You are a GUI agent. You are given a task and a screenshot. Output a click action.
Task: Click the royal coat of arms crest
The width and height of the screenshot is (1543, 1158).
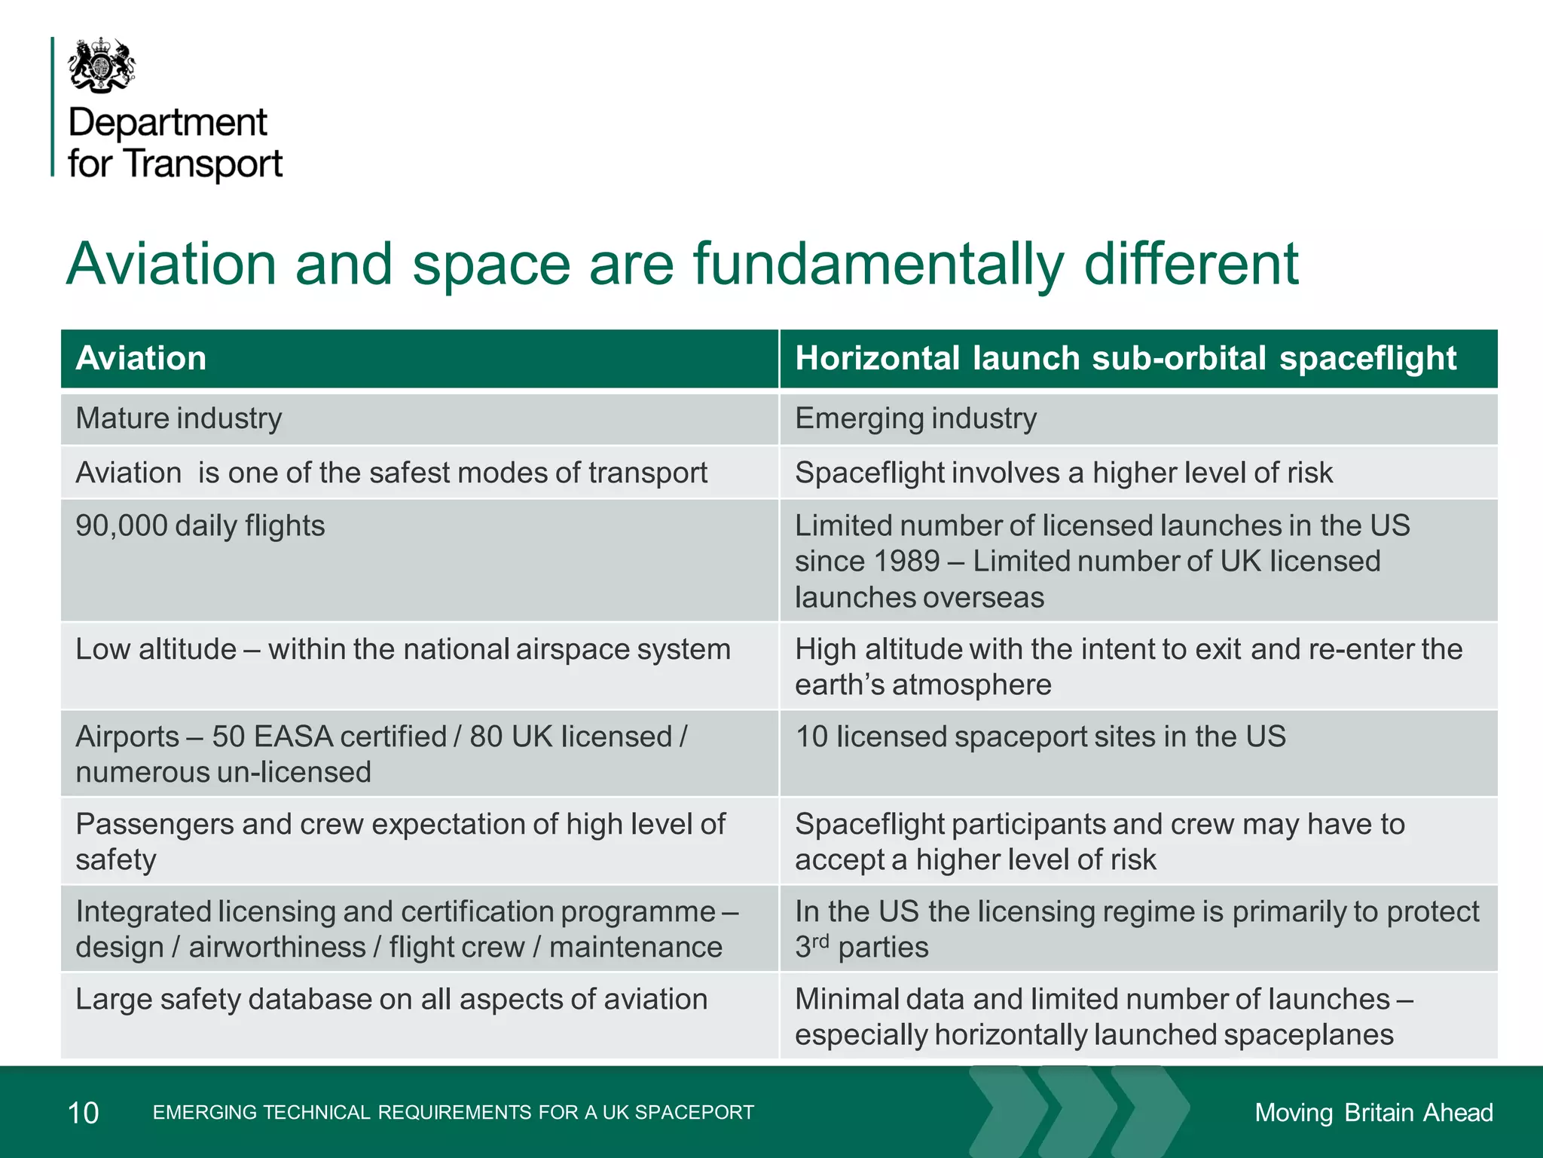point(102,66)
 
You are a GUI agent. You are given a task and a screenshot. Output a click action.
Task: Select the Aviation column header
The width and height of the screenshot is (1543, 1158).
point(141,358)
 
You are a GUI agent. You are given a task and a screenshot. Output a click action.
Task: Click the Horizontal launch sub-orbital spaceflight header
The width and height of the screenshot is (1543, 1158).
point(1126,358)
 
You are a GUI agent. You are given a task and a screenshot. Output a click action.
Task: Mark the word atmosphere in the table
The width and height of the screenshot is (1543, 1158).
point(971,685)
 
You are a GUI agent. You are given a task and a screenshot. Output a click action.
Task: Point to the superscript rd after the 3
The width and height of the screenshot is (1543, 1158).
point(820,941)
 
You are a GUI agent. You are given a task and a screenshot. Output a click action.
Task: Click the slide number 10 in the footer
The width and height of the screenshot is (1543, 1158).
point(83,1113)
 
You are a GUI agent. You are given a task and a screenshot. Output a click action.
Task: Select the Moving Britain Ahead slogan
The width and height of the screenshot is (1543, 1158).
point(1373,1113)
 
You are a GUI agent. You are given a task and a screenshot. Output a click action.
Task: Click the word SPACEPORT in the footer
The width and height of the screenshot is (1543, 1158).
point(694,1113)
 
